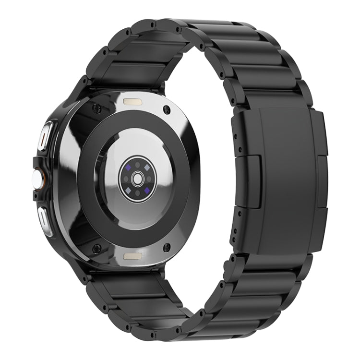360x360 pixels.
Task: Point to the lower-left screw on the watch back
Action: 96,248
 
